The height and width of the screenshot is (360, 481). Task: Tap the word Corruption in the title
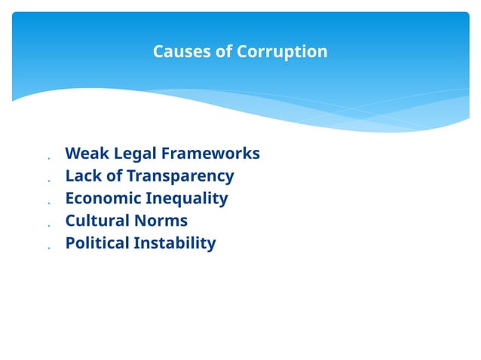tap(282, 52)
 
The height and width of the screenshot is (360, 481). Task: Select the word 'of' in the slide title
tap(224, 52)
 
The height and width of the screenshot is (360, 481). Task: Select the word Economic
tap(103, 199)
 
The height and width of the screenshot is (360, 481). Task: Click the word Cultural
tap(97, 221)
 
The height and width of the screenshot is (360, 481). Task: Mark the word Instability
tap(174, 244)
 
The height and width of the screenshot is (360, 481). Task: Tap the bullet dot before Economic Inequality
tap(47, 203)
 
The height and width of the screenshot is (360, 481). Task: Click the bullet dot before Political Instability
tap(47, 248)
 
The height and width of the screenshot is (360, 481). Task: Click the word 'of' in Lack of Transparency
tap(114, 176)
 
